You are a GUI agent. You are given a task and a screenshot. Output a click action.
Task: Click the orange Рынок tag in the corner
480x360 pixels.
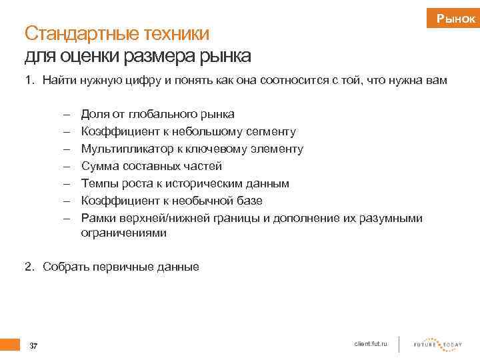pyautogui.click(x=455, y=19)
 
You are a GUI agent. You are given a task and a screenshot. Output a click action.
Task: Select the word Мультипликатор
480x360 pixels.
pyautogui.click(x=123, y=149)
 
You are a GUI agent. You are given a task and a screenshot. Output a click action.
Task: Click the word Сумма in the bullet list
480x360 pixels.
pyautogui.click(x=98, y=166)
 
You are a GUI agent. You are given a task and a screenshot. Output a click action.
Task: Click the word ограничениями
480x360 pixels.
pyautogui.click(x=124, y=233)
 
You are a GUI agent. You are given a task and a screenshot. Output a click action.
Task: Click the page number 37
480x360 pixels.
pyautogui.click(x=34, y=345)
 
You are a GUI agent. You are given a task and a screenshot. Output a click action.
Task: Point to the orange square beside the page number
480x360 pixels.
pyautogui.click(x=10, y=344)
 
